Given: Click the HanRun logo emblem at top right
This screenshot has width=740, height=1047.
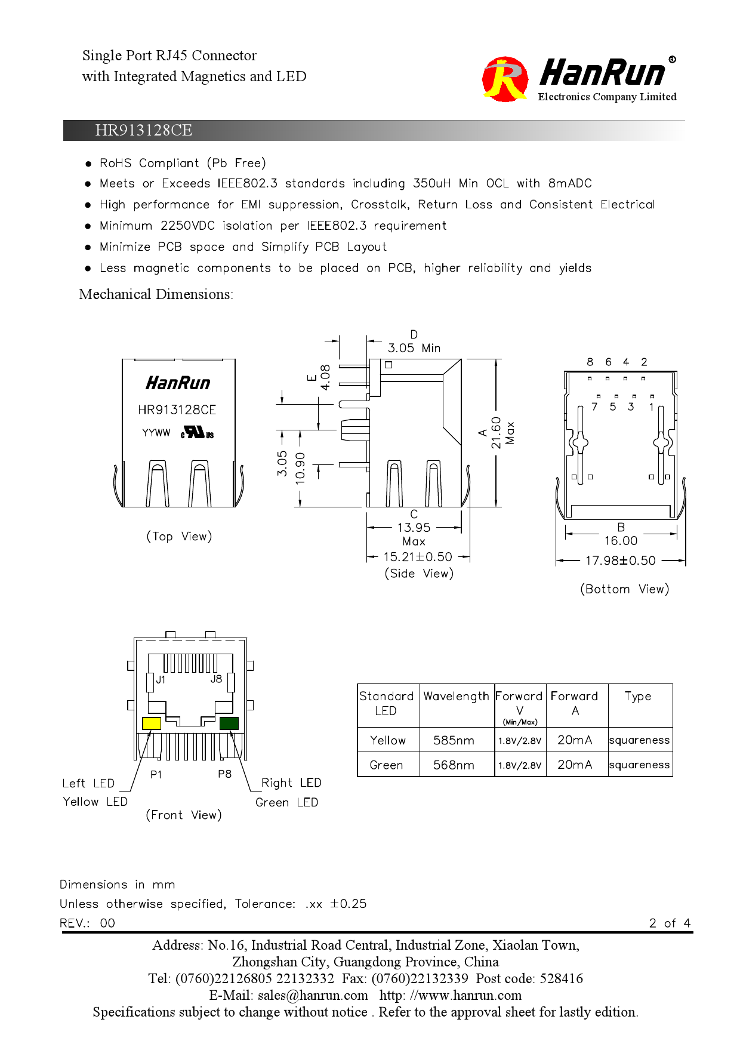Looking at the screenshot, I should point(505,79).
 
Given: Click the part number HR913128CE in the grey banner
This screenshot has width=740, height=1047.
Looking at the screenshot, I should point(143,130).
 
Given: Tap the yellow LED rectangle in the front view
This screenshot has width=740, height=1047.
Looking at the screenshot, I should point(152,723).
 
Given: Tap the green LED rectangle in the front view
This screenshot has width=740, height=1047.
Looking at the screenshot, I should point(229,723).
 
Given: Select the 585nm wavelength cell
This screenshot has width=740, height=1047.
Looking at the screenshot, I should point(454,740).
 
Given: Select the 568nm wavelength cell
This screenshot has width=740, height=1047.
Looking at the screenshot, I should point(454,765).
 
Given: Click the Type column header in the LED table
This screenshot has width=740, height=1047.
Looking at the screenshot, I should point(637,697).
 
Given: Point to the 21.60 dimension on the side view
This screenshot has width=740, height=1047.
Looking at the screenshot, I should point(496,433).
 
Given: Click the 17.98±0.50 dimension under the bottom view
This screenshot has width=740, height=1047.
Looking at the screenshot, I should point(620,561).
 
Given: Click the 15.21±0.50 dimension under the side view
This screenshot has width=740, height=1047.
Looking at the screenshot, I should point(418,557).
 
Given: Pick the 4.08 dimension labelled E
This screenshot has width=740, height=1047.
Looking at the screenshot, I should point(325,377).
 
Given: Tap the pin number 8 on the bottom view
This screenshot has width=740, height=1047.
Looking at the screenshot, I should point(590,362).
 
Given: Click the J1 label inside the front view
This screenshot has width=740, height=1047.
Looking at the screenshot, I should point(161,679).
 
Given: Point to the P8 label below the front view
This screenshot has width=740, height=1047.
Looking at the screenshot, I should point(224,774).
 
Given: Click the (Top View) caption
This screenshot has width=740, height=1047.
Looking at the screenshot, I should point(179,536).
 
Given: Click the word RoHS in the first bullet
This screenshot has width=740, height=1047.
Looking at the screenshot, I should point(115,163).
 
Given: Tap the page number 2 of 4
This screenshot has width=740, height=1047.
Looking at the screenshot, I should point(670,923).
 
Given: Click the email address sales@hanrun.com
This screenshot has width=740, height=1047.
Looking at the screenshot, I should point(313,995).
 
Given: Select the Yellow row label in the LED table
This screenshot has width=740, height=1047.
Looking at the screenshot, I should point(387,740).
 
